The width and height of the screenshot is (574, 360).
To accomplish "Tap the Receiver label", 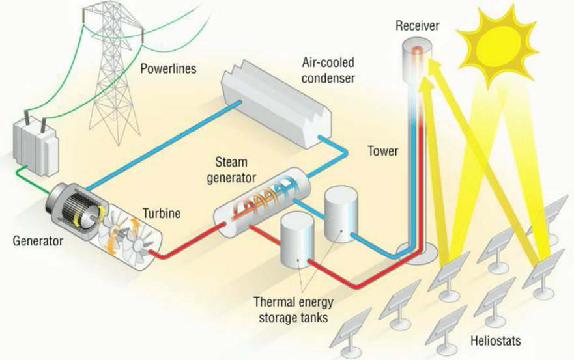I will pos(418,26).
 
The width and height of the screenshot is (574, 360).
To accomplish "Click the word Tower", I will pos(383,151).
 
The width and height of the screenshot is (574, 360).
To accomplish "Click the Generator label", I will pos(38,242).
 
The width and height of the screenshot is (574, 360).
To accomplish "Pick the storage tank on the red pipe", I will pos(297,240).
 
